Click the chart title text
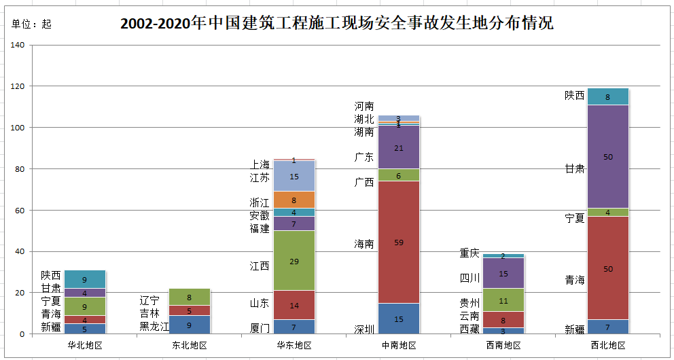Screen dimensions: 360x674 tap(336, 23)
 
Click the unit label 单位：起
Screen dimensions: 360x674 tap(31, 24)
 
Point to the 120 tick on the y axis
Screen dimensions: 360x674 tap(18, 87)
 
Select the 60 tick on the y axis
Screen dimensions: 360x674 tap(20, 211)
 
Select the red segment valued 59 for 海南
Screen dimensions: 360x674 tap(398, 242)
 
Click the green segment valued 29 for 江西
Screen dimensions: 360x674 tap(294, 260)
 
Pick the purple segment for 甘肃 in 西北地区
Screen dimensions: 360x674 tap(608, 157)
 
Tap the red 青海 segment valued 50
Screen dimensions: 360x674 tap(608, 268)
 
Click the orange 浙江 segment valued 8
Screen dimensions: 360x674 tap(294, 200)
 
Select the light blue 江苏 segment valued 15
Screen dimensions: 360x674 tap(294, 177)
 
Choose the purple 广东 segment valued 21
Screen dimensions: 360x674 tap(398, 147)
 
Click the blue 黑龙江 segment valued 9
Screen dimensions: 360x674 tap(190, 325)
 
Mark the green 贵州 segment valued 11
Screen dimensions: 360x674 tap(503, 300)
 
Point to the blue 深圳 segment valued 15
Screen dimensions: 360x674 tap(398, 319)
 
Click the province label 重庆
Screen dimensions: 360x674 tap(469, 253)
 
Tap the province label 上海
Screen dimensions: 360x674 tap(260, 164)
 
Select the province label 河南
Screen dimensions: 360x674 tap(364, 106)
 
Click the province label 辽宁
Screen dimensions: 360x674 tap(149, 300)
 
